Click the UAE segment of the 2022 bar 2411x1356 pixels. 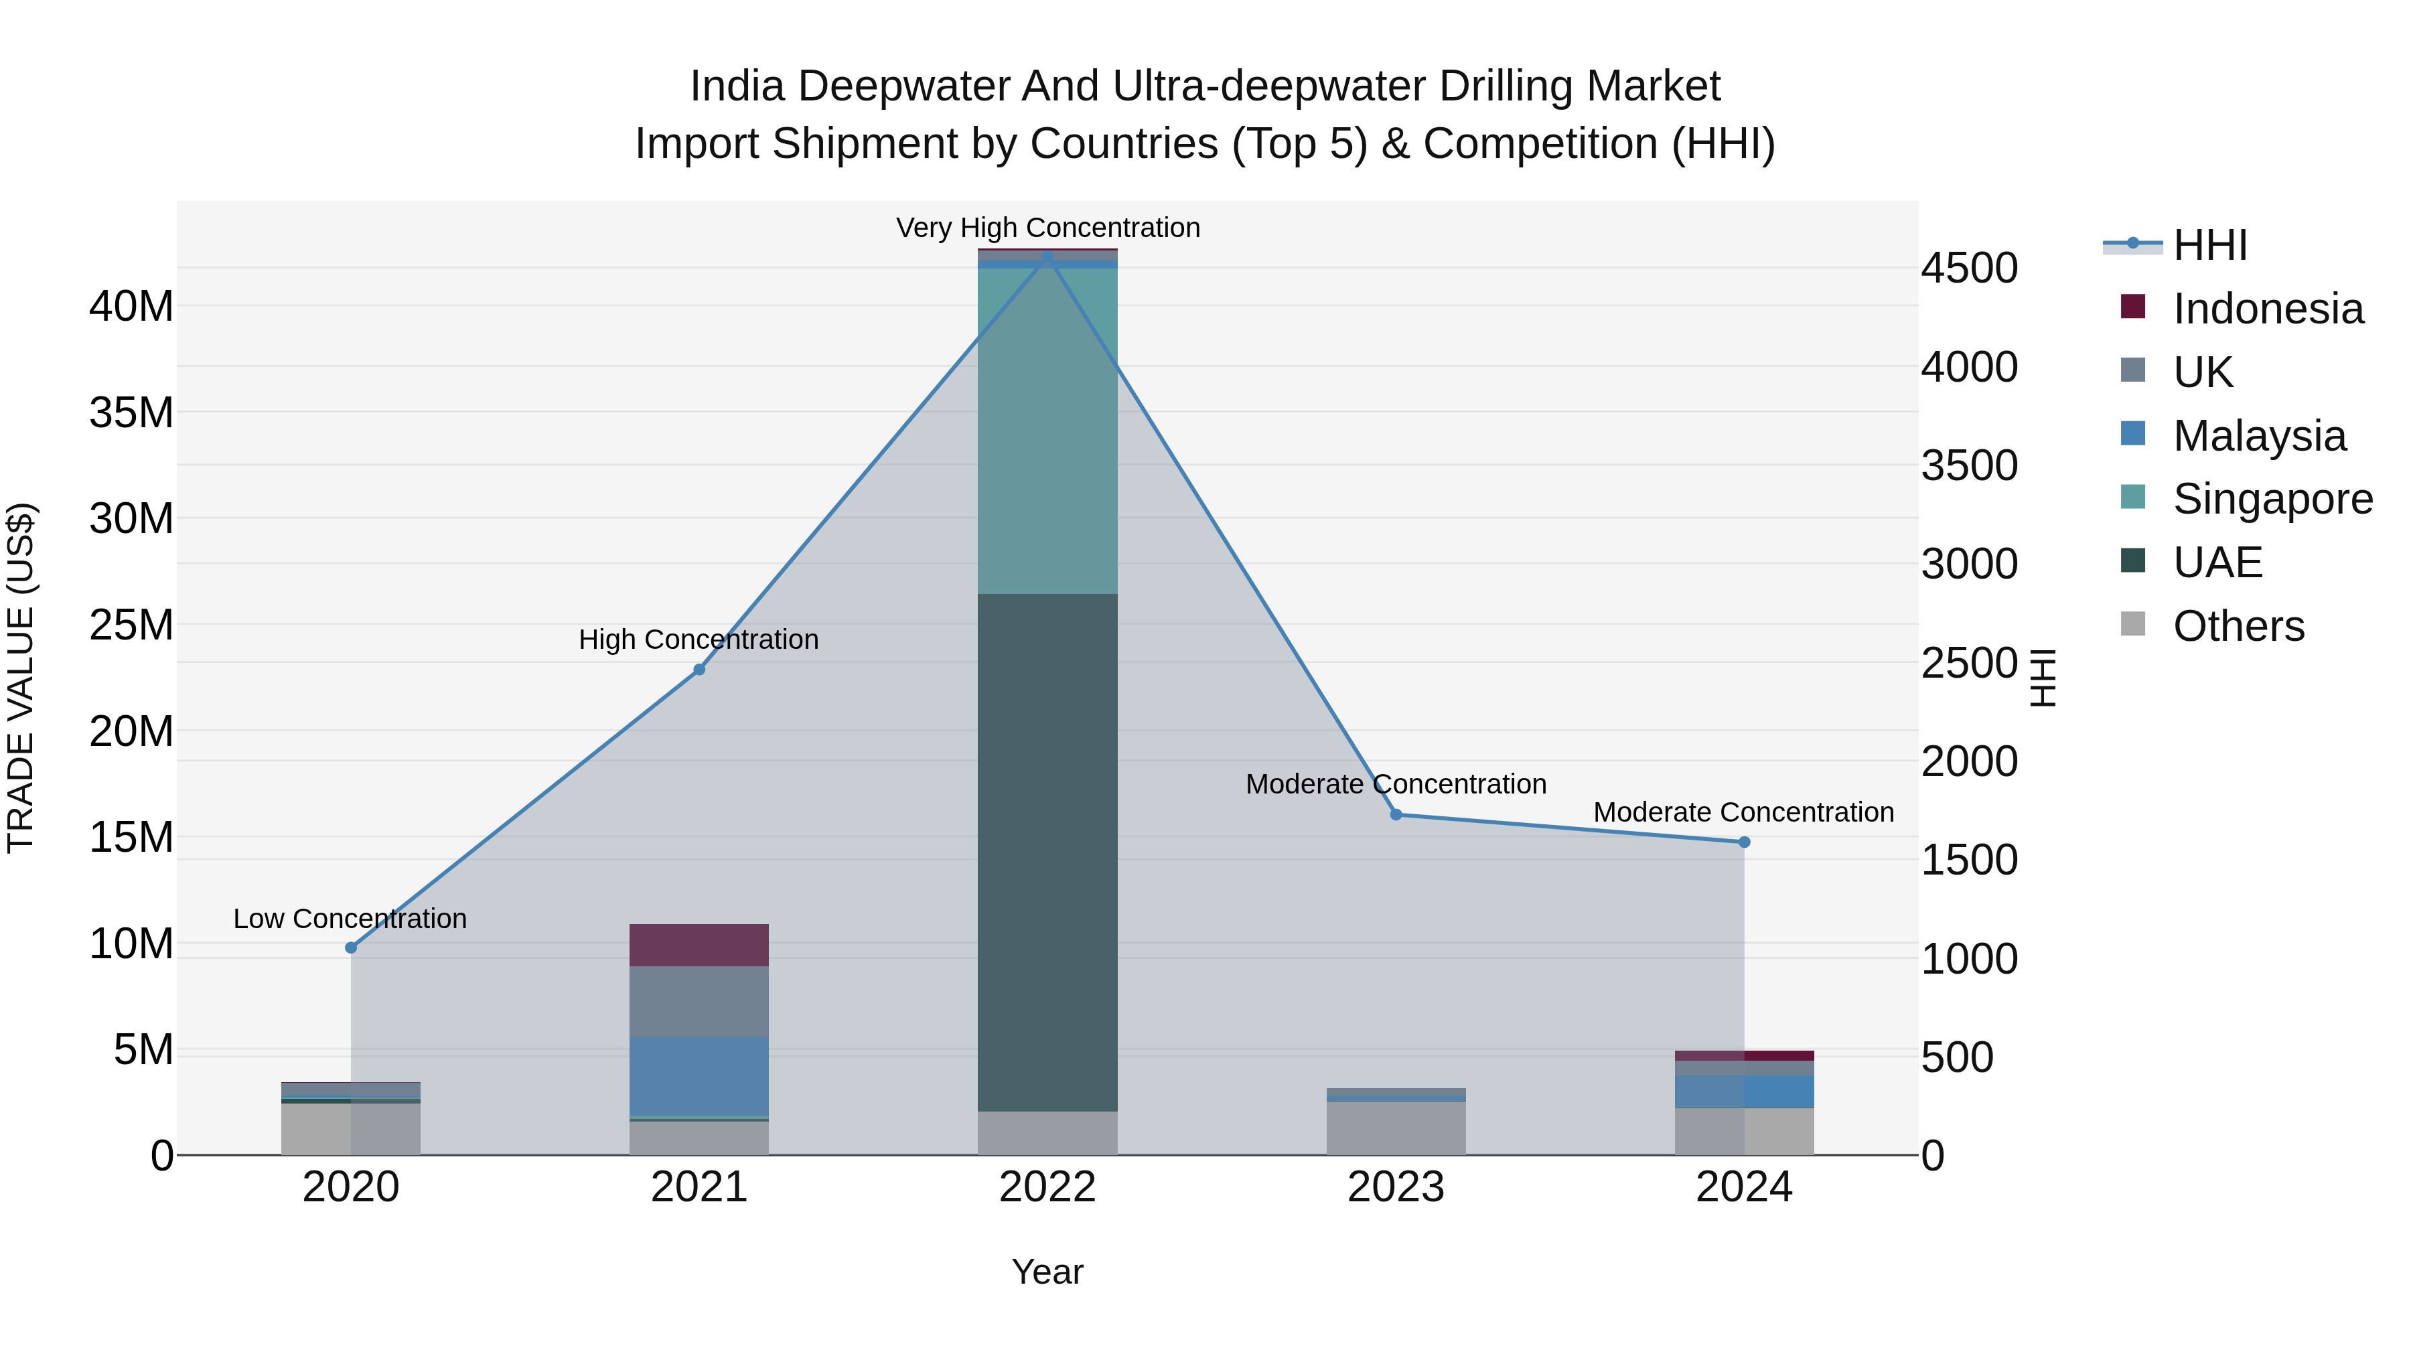(x=1047, y=852)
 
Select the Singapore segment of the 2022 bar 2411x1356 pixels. (x=1047, y=431)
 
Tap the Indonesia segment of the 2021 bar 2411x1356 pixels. (x=699, y=945)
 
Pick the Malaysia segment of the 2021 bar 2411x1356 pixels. (x=699, y=1075)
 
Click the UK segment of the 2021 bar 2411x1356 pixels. (x=699, y=1000)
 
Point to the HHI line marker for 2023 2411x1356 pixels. (x=1396, y=814)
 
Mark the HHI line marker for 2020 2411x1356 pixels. (x=351, y=947)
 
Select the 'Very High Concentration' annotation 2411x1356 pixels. (x=1047, y=228)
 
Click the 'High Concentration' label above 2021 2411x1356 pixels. (x=699, y=640)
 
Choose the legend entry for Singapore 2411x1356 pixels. (x=2272, y=499)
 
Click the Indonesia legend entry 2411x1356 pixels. (x=2268, y=309)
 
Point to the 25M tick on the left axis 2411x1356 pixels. (x=131, y=624)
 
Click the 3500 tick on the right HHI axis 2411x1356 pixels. (x=1969, y=465)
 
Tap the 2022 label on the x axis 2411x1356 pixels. (x=1047, y=1187)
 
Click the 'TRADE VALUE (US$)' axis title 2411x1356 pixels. (x=21, y=678)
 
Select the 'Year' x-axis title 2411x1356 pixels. (x=1047, y=1272)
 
